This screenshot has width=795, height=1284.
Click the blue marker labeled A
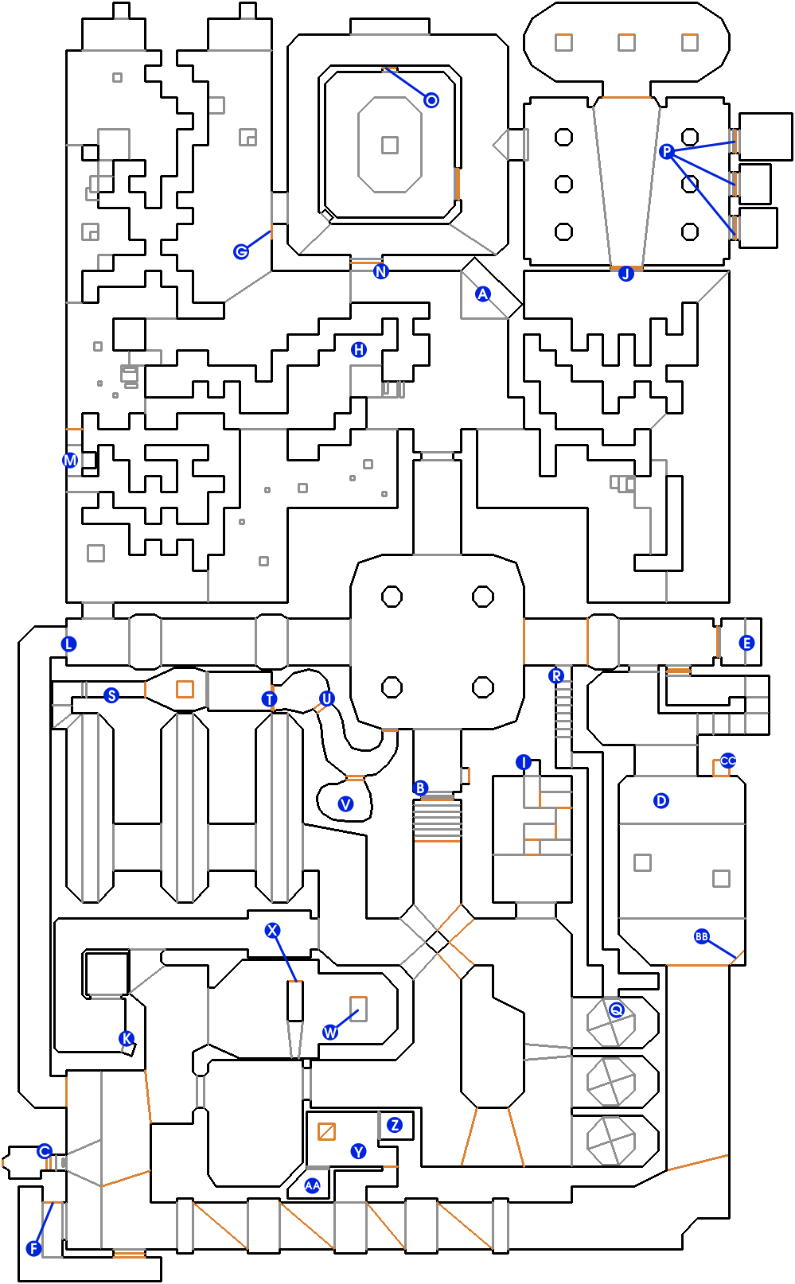483,294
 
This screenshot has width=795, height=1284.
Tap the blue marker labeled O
431,100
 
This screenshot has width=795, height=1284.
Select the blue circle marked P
666,151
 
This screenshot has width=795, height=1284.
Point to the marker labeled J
625,274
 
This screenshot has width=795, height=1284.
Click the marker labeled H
358,349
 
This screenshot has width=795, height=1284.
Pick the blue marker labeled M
70,460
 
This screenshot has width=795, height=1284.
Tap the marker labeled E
746,643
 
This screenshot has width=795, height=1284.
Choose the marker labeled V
345,803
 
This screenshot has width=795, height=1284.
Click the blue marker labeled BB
702,936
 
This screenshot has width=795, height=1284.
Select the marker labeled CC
727,761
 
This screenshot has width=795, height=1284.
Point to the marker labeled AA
312,1185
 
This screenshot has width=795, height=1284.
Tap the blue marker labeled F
34,1248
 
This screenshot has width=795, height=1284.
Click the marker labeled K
127,1038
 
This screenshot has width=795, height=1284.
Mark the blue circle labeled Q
616,1010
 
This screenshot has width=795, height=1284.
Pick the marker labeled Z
395,1124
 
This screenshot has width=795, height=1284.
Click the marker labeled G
241,251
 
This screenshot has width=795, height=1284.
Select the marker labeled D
661,800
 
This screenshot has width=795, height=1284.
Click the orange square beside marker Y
326,1131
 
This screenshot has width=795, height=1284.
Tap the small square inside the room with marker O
390,145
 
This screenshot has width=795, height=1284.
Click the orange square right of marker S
185,689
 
